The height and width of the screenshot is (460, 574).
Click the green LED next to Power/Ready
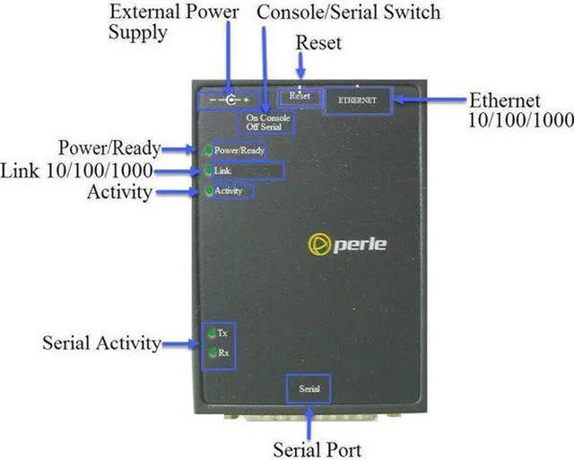(x=209, y=150)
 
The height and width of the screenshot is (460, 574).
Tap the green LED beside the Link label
(x=208, y=170)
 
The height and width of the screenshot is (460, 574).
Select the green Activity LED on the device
(x=209, y=191)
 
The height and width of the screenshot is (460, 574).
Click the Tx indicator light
(x=212, y=334)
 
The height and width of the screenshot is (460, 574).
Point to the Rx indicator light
(x=213, y=353)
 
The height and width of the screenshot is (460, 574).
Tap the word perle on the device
(x=360, y=245)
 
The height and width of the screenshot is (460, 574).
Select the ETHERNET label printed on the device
(x=357, y=100)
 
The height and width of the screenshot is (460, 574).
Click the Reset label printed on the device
(x=300, y=96)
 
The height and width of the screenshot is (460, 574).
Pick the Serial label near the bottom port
(x=309, y=388)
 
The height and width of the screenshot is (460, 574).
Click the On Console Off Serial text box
(x=268, y=123)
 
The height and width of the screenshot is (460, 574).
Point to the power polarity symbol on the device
(x=230, y=100)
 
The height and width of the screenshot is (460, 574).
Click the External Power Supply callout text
(x=173, y=22)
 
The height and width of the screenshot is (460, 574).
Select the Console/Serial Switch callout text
(x=349, y=12)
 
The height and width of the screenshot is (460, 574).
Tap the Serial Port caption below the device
(x=317, y=450)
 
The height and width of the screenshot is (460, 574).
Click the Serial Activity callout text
(x=101, y=343)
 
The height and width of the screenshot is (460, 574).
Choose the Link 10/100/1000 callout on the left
(x=76, y=170)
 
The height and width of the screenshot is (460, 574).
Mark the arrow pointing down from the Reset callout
(x=301, y=65)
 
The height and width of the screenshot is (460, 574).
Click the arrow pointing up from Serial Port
(x=309, y=423)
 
